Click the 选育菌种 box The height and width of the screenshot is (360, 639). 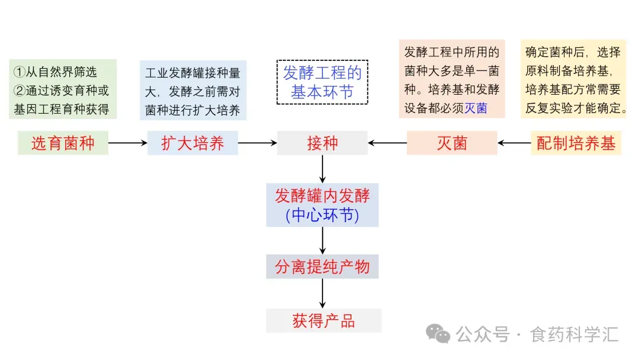tap(63, 143)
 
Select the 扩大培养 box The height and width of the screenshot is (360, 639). tap(193, 143)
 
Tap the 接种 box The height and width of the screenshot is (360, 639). tap(322, 143)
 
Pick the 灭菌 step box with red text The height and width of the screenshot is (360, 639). tap(452, 143)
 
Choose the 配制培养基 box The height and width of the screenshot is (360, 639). tap(576, 143)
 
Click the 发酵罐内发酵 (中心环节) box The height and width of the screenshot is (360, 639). tap(322, 205)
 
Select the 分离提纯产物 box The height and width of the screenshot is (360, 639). tap(322, 266)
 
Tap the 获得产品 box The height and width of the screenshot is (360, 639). tap(324, 321)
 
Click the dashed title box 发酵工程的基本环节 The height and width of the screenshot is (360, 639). tap(322, 82)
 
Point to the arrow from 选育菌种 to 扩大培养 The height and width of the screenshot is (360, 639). tap(128, 143)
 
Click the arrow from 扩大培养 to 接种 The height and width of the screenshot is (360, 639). tap(257, 143)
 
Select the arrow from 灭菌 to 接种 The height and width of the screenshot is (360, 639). tap(387, 143)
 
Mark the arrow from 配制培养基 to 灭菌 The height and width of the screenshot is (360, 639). tap(514, 143)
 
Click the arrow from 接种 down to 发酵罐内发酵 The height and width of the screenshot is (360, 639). tap(322, 169)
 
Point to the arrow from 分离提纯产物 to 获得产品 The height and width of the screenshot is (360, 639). tap(322, 294)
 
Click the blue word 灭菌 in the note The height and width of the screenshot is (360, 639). tap(476, 108)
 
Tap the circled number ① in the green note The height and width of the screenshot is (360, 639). tap(20, 72)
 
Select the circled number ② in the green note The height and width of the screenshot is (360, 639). tap(20, 91)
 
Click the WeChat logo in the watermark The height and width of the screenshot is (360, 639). tap(438, 334)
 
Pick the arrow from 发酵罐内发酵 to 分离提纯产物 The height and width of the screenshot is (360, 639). tap(322, 240)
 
